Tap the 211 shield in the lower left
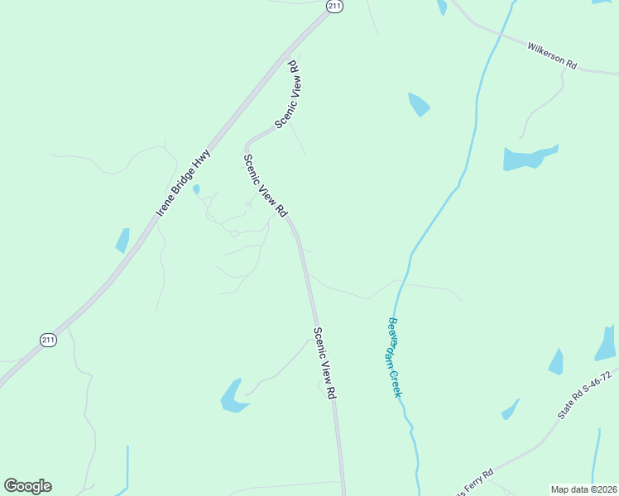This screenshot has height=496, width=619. tap(49, 340)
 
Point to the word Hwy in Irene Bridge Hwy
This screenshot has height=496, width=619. tap(204, 159)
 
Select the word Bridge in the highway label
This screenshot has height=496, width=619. tap(185, 183)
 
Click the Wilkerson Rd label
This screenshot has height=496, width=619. tap(552, 56)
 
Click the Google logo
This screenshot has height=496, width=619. tap(27, 486)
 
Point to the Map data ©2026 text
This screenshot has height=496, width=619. tap(583, 489)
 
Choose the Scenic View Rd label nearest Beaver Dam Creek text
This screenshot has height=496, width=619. tap(324, 364)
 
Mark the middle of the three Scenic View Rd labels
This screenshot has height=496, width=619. tap(265, 186)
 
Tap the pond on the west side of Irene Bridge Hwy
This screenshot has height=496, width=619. tap(122, 240)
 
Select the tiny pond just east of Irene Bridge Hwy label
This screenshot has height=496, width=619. tap(196, 189)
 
